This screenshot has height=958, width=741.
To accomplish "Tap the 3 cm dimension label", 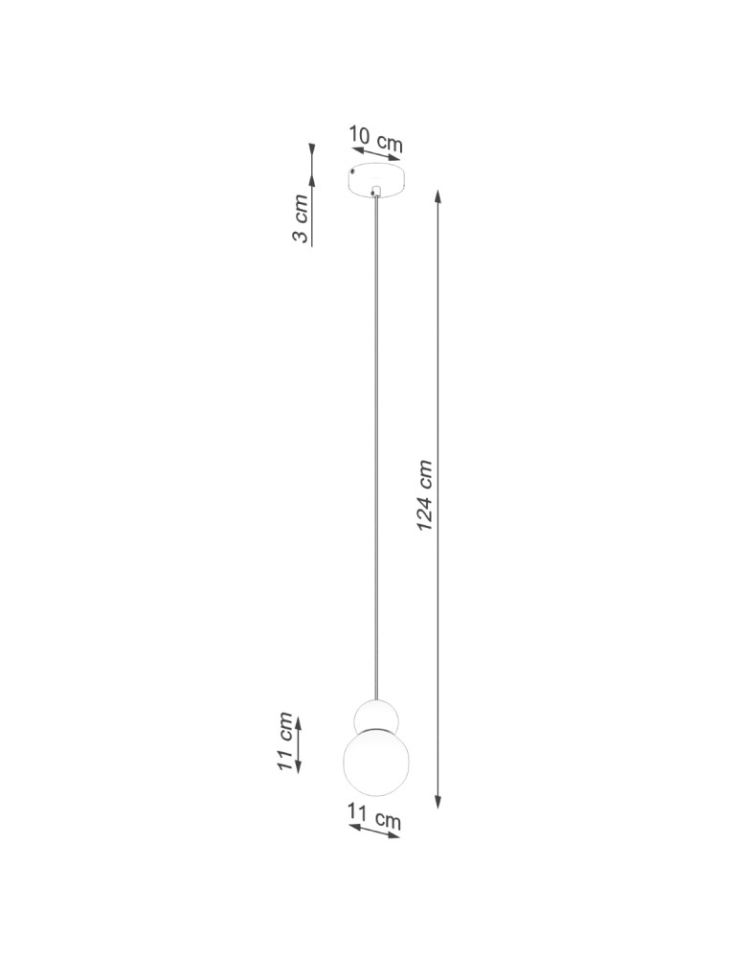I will pos(301,219).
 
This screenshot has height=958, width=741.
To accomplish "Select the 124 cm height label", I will pos(425,496).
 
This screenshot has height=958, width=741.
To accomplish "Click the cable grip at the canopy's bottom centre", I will pos(377,193).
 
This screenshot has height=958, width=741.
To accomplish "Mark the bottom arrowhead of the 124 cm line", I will pos(438,802).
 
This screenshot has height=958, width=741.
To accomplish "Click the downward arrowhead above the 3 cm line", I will pos(312,151).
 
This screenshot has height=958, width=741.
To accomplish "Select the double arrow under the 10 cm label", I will pos(375,156).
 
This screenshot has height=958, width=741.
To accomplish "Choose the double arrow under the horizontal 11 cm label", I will pos(373,832).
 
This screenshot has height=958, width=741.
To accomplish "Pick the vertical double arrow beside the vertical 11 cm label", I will pos(299,743).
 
